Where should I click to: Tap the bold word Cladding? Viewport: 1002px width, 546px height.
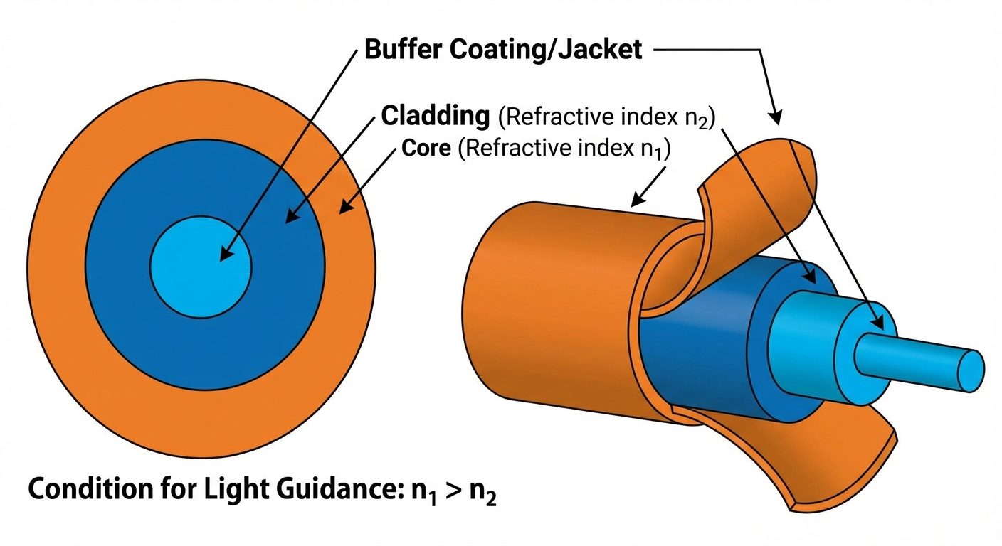pyautogui.click(x=436, y=116)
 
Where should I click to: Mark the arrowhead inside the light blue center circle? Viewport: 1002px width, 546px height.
pyautogui.click(x=226, y=255)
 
